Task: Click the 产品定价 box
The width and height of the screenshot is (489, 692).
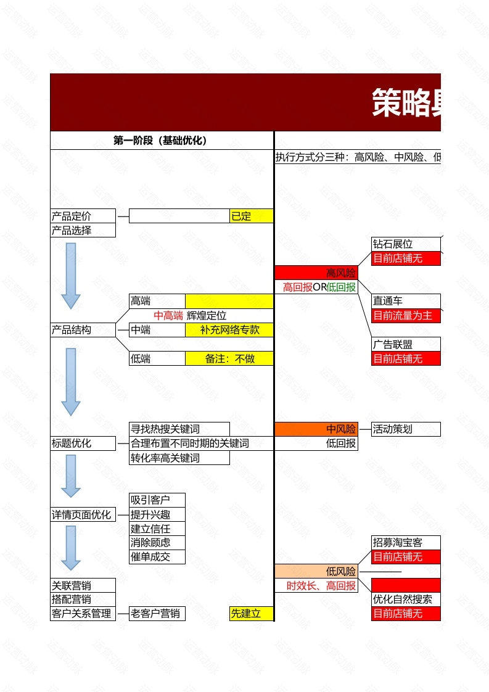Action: [x=83, y=216]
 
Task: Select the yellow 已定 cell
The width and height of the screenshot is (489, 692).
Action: [x=251, y=216]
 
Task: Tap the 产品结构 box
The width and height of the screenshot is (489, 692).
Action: [x=83, y=330]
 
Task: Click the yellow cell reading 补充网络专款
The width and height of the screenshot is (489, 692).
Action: [x=229, y=330]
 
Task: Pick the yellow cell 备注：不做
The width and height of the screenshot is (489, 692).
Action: [x=229, y=358]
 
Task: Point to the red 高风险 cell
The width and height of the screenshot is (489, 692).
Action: [x=316, y=273]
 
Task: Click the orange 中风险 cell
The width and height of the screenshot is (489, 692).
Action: [x=316, y=429]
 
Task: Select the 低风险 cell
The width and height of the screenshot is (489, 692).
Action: [x=316, y=572]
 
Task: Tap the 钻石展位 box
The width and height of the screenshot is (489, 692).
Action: [x=406, y=244]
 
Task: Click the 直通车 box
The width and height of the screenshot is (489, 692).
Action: [x=406, y=301]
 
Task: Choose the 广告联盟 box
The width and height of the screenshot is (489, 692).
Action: [x=406, y=344]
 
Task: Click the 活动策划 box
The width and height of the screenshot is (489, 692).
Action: [x=406, y=429]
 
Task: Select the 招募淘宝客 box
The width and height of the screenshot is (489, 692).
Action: [x=406, y=542]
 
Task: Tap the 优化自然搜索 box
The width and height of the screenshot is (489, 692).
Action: [x=406, y=599]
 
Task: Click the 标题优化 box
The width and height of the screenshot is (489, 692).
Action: [x=83, y=443]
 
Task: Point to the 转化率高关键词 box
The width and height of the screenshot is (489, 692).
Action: [x=179, y=458]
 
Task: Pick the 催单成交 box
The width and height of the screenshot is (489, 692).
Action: [x=157, y=557]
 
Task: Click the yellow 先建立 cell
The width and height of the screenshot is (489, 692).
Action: [x=251, y=614]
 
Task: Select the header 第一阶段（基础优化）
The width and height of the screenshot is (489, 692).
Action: [x=161, y=141]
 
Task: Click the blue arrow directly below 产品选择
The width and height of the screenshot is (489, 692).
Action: [x=71, y=275]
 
